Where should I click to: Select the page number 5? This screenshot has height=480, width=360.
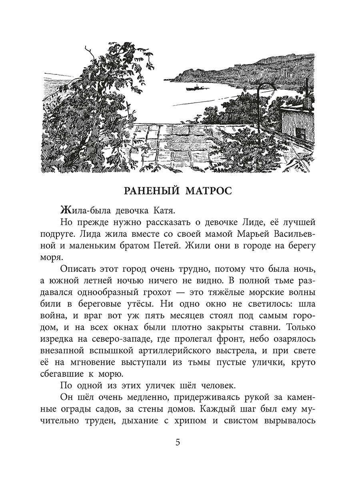pyautogui.click(x=178, y=443)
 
